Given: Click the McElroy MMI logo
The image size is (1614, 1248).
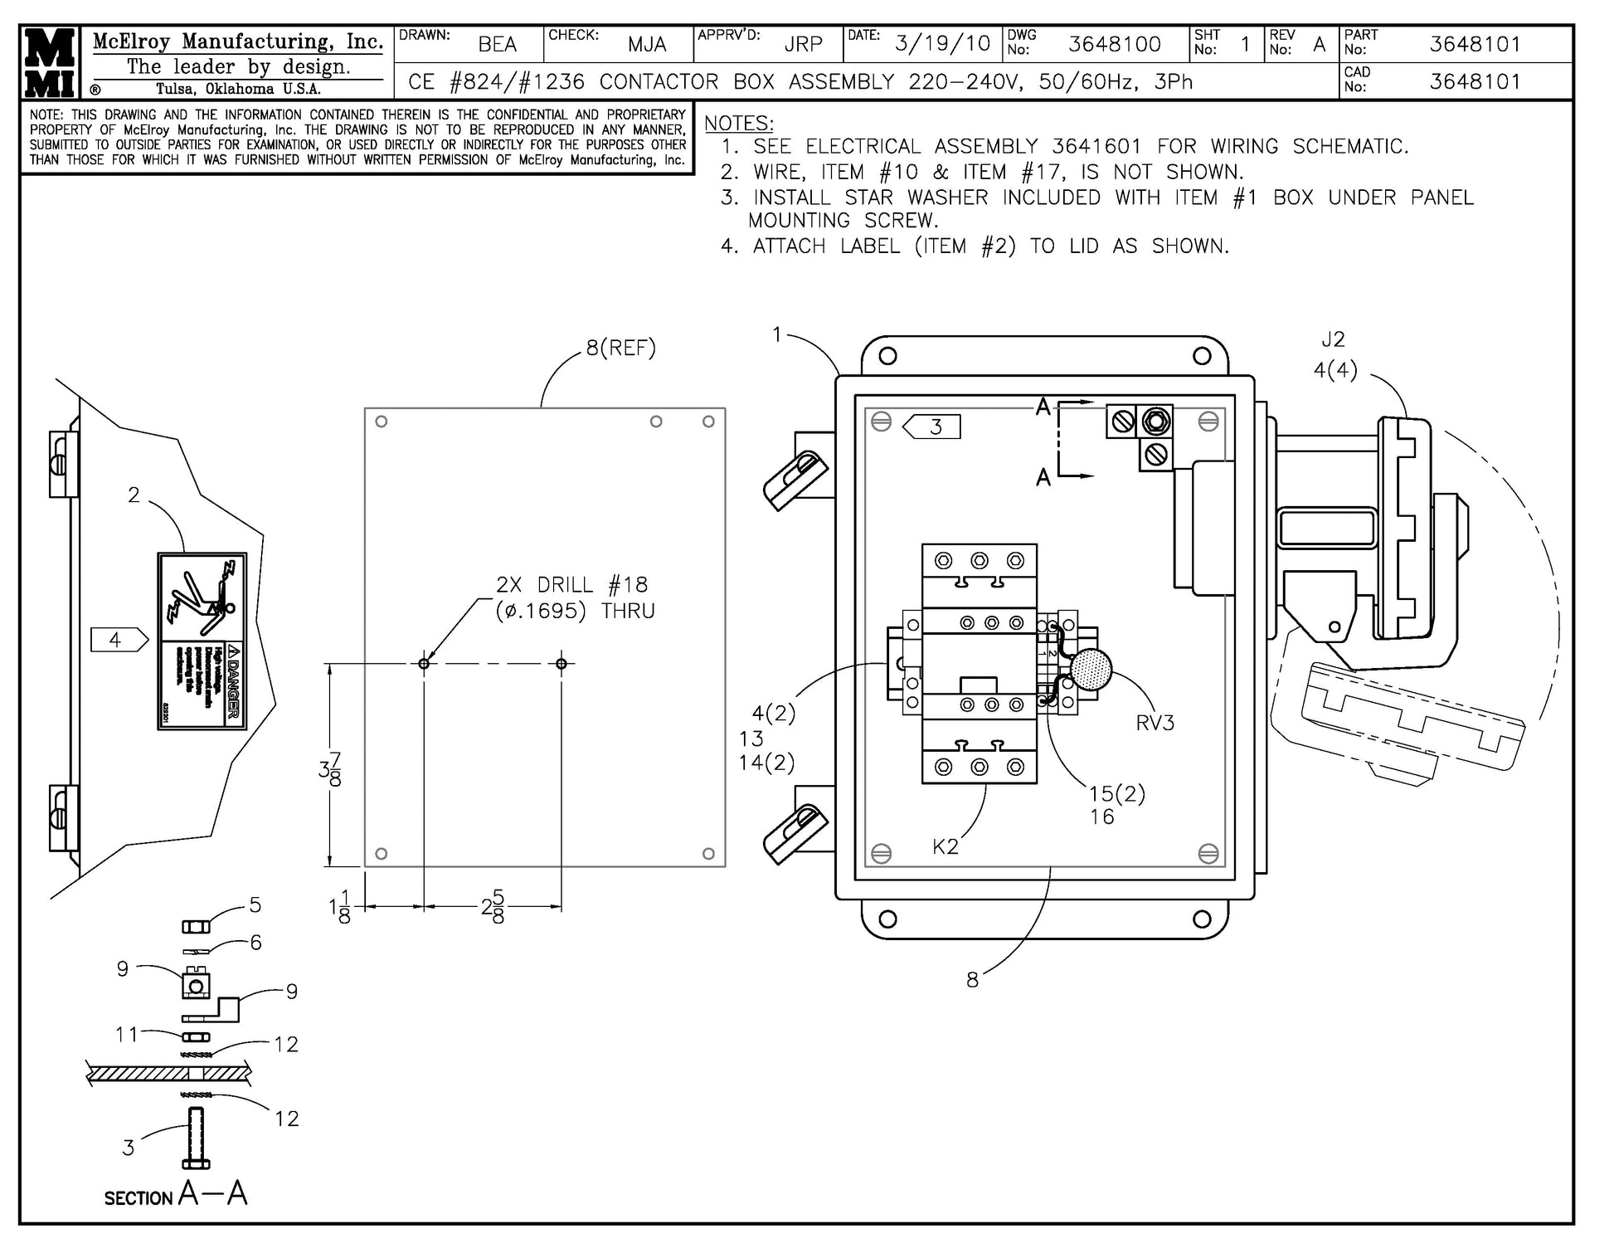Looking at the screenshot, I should click(x=51, y=63).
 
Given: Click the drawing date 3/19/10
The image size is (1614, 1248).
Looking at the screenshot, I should click(x=942, y=44).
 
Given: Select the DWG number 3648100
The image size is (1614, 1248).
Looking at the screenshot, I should click(x=1114, y=44).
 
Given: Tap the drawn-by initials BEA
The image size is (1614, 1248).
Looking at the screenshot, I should click(x=498, y=45).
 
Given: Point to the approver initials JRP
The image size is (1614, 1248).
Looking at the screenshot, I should click(x=803, y=45).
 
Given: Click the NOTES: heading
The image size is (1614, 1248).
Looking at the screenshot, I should click(x=738, y=124).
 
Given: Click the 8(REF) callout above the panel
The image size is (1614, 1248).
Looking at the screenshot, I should click(x=620, y=349).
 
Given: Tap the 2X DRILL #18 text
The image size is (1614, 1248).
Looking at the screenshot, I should click(x=571, y=585).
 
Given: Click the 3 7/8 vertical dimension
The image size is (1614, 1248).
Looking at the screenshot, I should click(x=330, y=769).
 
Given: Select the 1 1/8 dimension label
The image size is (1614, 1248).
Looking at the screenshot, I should click(x=339, y=907).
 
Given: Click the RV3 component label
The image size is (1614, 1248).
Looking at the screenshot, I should click(x=1155, y=723).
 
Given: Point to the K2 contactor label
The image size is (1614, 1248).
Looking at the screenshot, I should click(x=945, y=846).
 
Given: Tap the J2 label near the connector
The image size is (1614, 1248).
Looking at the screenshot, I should click(x=1333, y=339).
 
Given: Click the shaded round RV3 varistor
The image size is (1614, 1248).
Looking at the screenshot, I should click(x=1091, y=670).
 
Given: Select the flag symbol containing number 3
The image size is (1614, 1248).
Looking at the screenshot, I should click(x=931, y=427).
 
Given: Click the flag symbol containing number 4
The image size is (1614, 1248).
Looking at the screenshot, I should click(x=119, y=640).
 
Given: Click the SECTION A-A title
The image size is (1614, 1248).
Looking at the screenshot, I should click(x=176, y=1195).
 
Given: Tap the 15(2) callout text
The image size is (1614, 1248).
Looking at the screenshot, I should click(x=1116, y=794).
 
